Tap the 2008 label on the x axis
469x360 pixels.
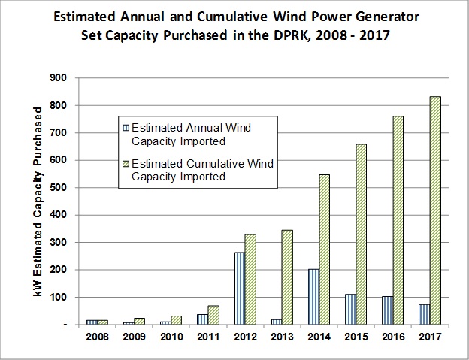coord(97,337)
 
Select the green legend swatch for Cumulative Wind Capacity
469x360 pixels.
coord(125,165)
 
